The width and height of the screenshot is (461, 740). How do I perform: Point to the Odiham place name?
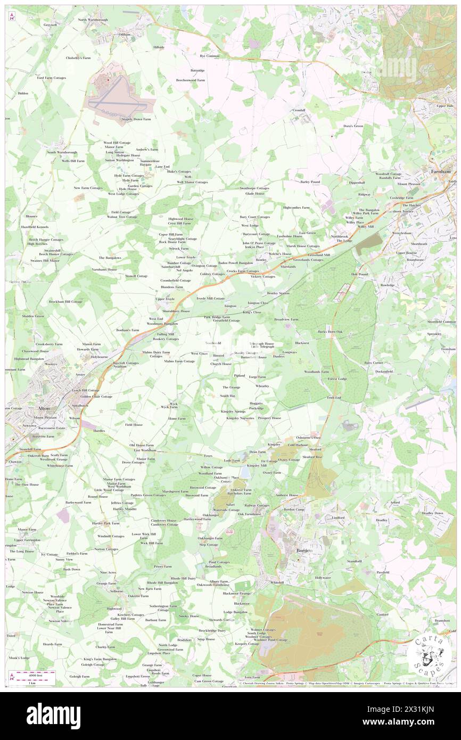[x=125, y=35]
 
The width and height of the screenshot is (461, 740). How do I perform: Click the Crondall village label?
[x=299, y=110]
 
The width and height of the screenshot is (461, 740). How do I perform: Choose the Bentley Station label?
[x=278, y=293]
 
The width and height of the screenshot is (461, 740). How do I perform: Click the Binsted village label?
[x=218, y=355]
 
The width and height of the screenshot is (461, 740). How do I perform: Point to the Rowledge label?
[x=388, y=285]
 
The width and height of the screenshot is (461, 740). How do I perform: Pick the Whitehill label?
[x=277, y=582]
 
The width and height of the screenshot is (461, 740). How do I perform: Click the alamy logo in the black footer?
[x=53, y=716]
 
